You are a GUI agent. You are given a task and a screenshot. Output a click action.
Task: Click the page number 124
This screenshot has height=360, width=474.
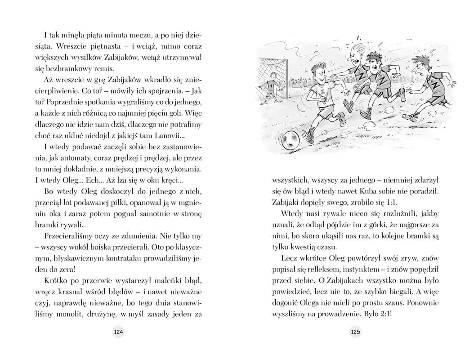tap(118, 332)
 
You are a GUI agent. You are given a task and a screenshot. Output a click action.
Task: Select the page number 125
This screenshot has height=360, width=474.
tap(355, 332)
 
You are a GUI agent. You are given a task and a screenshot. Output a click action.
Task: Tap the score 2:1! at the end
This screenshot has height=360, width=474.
tap(382, 314)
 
